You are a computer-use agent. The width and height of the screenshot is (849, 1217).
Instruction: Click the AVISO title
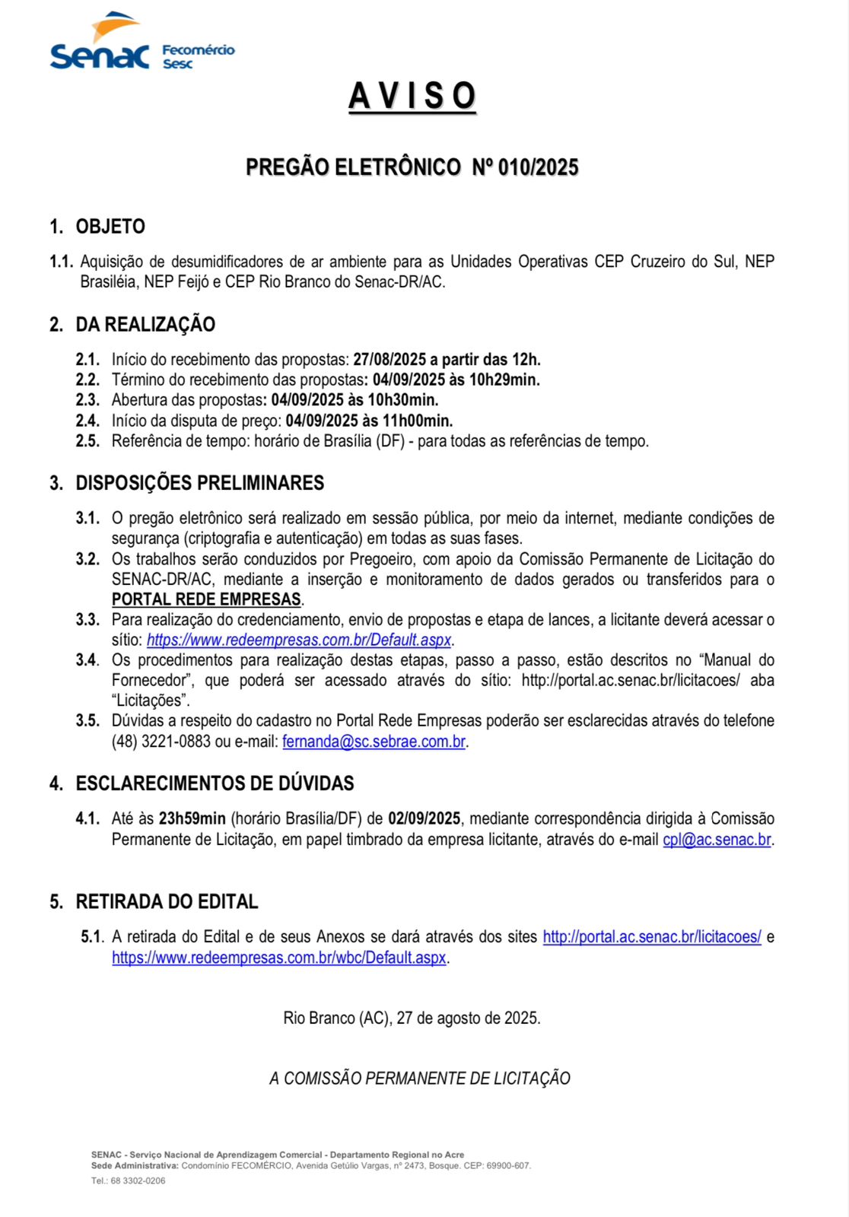tap(412, 97)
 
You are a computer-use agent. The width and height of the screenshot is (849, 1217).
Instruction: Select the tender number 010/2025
tap(538, 167)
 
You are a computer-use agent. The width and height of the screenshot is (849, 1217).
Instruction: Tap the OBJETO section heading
tap(110, 227)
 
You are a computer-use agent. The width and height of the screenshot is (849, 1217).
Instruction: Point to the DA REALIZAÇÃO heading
tap(145, 325)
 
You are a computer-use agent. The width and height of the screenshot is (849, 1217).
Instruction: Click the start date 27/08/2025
tap(389, 360)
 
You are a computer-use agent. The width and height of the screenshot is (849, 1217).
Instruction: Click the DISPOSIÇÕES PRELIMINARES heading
tap(199, 483)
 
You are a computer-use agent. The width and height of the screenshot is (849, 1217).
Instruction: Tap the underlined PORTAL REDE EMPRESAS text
tap(206, 599)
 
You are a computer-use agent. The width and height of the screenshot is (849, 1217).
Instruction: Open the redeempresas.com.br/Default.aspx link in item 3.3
tap(299, 640)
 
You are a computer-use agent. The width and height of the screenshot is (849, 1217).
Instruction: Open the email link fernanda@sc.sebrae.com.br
tap(374, 742)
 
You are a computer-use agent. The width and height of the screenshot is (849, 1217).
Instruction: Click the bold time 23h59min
tap(192, 819)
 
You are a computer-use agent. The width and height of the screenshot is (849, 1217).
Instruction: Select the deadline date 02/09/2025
tap(424, 819)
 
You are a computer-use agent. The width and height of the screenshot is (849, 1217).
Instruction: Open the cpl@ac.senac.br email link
tap(717, 840)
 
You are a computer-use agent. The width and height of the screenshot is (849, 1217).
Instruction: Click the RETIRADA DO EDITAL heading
tap(167, 902)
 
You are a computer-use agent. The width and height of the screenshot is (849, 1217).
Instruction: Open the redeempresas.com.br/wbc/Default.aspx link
tap(279, 958)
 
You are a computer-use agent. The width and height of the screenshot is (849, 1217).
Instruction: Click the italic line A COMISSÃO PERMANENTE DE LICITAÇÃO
tap(420, 1079)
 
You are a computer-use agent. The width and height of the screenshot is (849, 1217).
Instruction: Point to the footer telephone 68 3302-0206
tap(137, 1180)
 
